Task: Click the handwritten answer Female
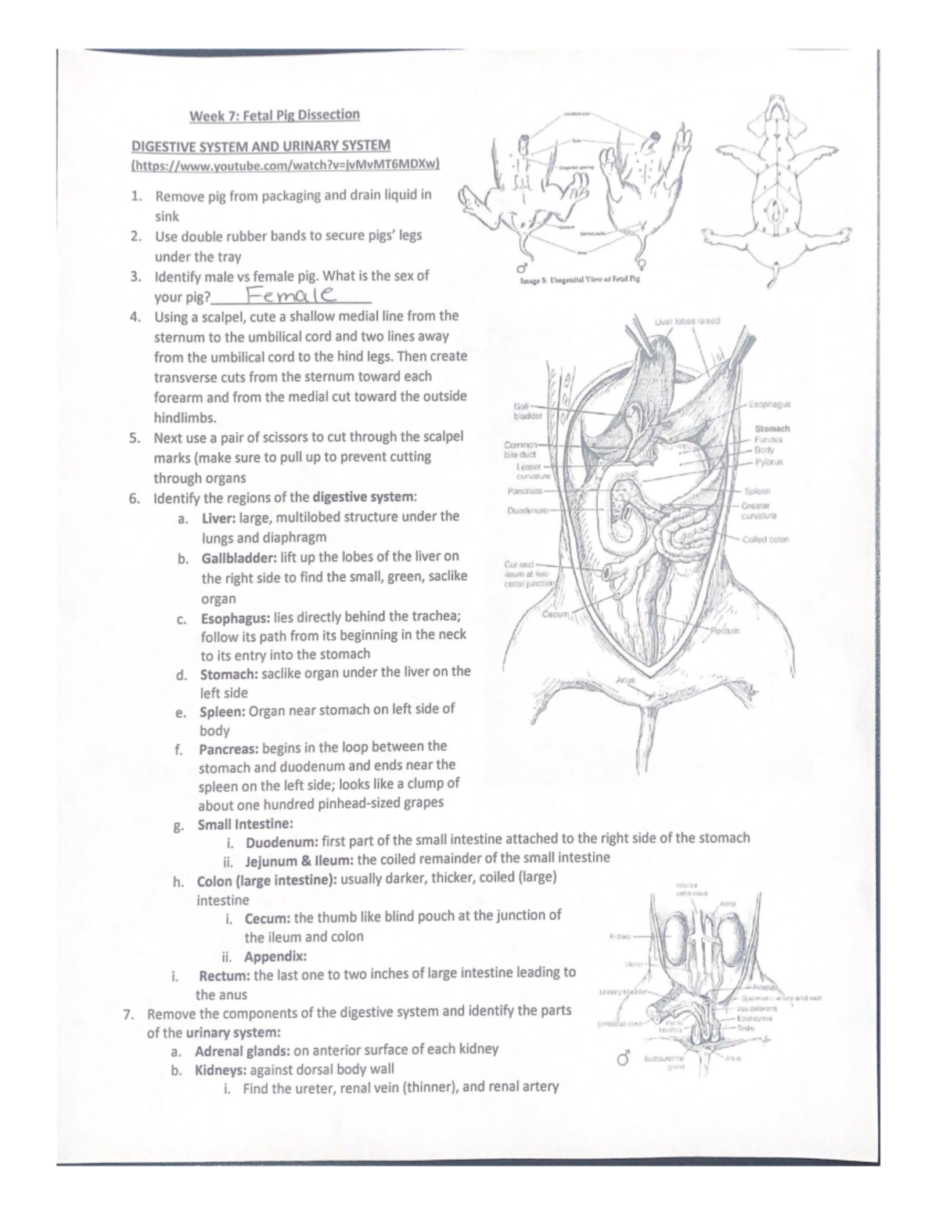coord(289,296)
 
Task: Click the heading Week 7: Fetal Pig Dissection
coord(274,115)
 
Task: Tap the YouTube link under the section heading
coord(286,164)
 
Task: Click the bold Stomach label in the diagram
coord(772,428)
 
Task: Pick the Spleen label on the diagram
coord(757,492)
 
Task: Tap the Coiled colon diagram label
coord(766,539)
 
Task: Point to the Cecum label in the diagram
coord(555,615)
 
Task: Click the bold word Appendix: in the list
coord(275,956)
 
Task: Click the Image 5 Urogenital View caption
coord(580,279)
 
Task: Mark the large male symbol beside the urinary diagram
coord(624,1059)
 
